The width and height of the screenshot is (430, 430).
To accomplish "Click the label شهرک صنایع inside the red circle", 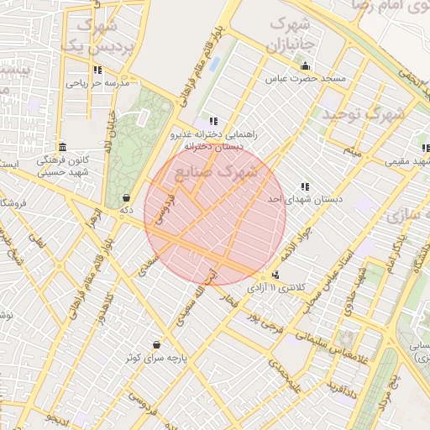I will tap(215, 172).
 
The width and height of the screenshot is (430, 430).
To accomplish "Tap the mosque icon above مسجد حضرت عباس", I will tap(305, 66).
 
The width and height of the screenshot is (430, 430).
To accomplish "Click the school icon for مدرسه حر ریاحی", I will tap(98, 71).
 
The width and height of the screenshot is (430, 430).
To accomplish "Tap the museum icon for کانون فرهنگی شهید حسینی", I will tap(61, 145).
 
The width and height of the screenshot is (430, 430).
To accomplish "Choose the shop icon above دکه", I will tap(126, 198).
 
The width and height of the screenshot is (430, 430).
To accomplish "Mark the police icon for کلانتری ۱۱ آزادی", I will tap(275, 275).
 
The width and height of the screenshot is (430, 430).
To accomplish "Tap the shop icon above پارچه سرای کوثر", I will tap(157, 344).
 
